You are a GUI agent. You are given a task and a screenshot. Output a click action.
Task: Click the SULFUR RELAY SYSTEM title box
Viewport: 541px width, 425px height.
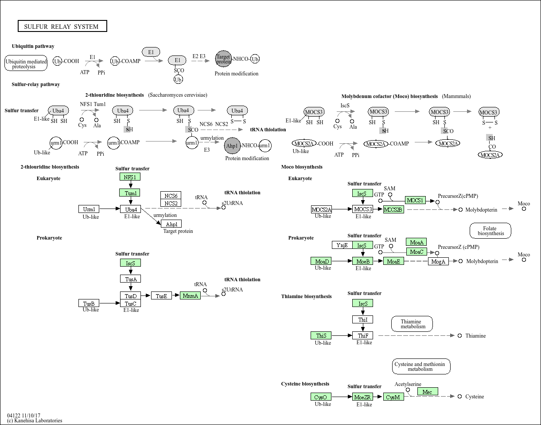coord(62,26)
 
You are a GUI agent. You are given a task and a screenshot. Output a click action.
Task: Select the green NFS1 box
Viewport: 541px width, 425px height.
coord(130,177)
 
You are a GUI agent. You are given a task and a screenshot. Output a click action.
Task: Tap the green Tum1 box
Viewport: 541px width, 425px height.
coord(130,193)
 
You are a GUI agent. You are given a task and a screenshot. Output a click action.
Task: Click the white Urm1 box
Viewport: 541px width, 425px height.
coord(89,209)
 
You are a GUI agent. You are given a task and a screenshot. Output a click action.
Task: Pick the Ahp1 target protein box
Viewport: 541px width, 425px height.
coord(171,224)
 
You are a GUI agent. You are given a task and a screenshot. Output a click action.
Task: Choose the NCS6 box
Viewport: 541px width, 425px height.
coord(171,196)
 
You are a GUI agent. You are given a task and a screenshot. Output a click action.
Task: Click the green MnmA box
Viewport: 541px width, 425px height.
coord(190,295)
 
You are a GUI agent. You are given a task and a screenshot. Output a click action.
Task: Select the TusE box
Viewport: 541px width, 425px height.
coord(161,295)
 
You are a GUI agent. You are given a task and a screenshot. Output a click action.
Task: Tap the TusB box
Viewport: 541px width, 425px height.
coord(89,303)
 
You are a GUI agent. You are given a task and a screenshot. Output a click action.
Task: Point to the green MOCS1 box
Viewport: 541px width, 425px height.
coord(415,200)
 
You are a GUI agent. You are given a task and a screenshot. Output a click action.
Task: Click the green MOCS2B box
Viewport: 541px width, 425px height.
coord(393,209)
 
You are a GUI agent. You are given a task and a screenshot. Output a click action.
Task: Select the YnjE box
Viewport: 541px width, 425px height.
coord(343,245)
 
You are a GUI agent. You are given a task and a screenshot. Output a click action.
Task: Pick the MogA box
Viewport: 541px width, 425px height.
coord(438,261)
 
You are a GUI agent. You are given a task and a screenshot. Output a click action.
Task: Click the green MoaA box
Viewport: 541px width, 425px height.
coord(416,242)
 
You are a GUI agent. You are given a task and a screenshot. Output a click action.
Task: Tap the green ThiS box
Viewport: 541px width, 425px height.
coord(321,335)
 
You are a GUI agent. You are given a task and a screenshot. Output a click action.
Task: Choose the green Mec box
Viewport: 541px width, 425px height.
coord(428,392)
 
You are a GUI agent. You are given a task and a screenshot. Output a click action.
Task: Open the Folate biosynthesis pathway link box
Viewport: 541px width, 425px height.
coord(490,231)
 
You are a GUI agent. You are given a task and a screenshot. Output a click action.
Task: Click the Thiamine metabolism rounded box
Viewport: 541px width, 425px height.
coord(412,324)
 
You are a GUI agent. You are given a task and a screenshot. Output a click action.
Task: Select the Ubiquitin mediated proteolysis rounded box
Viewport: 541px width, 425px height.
coord(26,63)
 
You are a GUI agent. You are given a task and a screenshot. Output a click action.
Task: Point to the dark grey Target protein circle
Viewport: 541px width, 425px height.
coord(223,59)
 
